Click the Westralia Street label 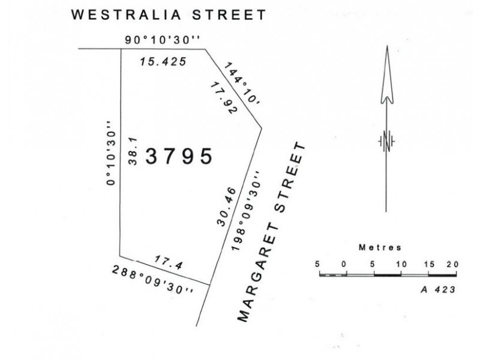168,15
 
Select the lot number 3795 179,157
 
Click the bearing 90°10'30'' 162,40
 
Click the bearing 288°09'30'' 153,280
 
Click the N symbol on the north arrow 387,141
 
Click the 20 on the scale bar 452,264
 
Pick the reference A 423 436,289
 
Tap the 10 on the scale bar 401,264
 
